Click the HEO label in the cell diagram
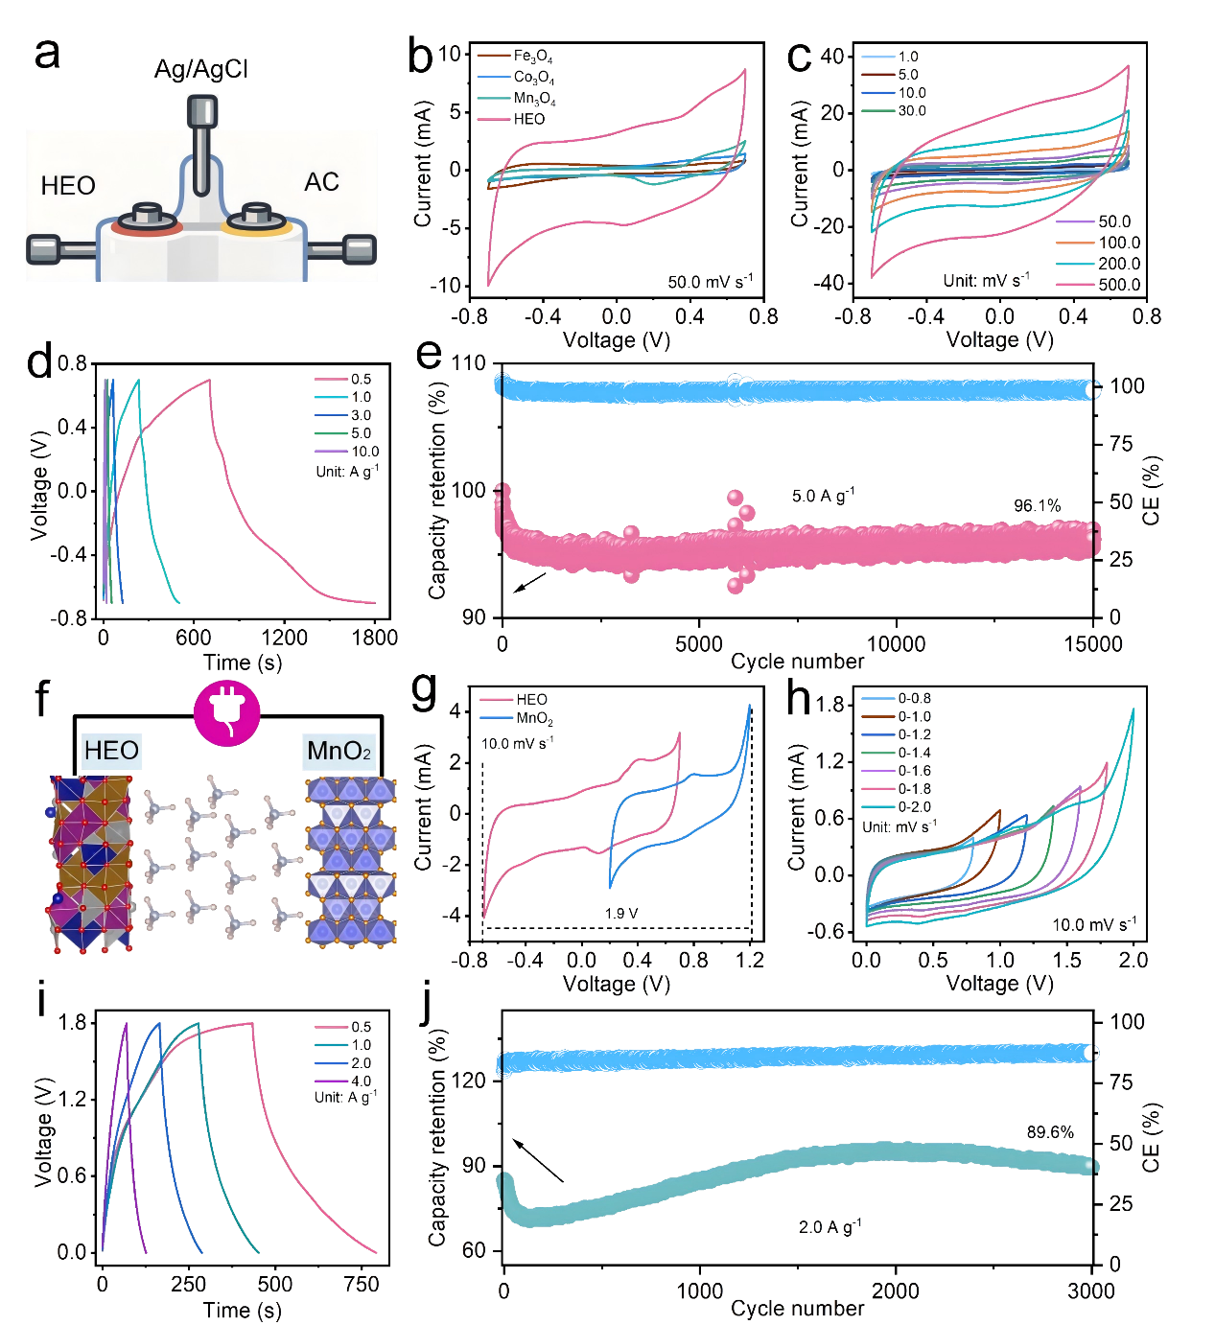[68, 185]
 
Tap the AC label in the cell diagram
[321, 182]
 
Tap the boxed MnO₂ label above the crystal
[339, 751]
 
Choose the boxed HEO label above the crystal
[111, 751]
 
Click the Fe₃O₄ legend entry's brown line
[493, 56]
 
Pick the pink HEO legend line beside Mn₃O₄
[493, 119]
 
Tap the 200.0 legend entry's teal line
[1075, 264]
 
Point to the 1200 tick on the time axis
[284, 638]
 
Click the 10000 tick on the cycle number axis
[896, 643]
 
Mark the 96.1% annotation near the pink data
[1037, 505]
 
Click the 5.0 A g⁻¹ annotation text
[822, 496]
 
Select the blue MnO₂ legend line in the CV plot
[496, 717]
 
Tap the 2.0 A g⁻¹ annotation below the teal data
[830, 1226]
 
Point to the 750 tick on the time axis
[362, 1285]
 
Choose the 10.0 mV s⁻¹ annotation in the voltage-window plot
[1094, 924]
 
